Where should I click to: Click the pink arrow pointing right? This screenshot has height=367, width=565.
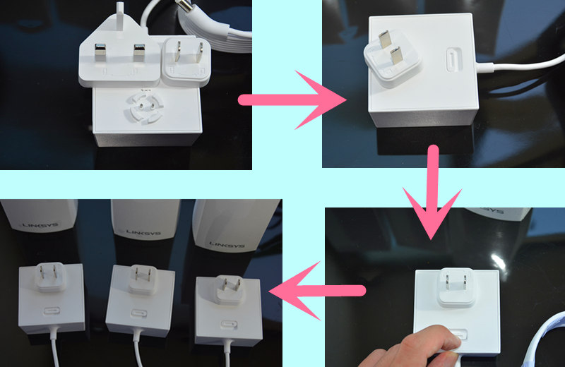[292, 100]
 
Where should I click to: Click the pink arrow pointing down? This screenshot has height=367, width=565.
[432, 191]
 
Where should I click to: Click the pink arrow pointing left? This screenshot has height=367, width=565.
[317, 290]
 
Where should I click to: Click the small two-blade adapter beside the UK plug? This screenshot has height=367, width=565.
[186, 61]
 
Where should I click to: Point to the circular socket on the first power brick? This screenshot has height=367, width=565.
[146, 107]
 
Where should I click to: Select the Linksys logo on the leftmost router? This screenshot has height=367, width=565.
[40, 225]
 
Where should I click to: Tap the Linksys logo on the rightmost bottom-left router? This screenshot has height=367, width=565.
[227, 245]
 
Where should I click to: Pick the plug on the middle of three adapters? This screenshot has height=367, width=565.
[143, 279]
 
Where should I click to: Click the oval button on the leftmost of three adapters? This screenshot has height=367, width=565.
[52, 311]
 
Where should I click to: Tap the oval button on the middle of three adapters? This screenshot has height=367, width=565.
[139, 313]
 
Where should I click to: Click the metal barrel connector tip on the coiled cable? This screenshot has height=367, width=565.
[185, 5]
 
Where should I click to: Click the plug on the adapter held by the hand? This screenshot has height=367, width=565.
[456, 287]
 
